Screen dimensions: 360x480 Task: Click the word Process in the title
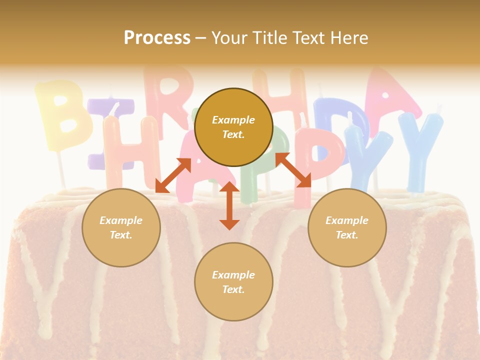point(157,38)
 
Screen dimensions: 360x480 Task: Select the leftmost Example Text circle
point(121,227)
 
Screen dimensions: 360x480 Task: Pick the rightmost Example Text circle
point(347,227)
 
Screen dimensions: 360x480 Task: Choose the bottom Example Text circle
point(233,282)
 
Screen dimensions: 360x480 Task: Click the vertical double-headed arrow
point(229,205)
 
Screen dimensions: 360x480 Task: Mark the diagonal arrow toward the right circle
point(293,170)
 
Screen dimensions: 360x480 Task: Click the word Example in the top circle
point(233,120)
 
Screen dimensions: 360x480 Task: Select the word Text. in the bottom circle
point(233,289)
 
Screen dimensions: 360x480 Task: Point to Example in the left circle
point(121,220)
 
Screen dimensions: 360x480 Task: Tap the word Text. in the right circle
point(347,235)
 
